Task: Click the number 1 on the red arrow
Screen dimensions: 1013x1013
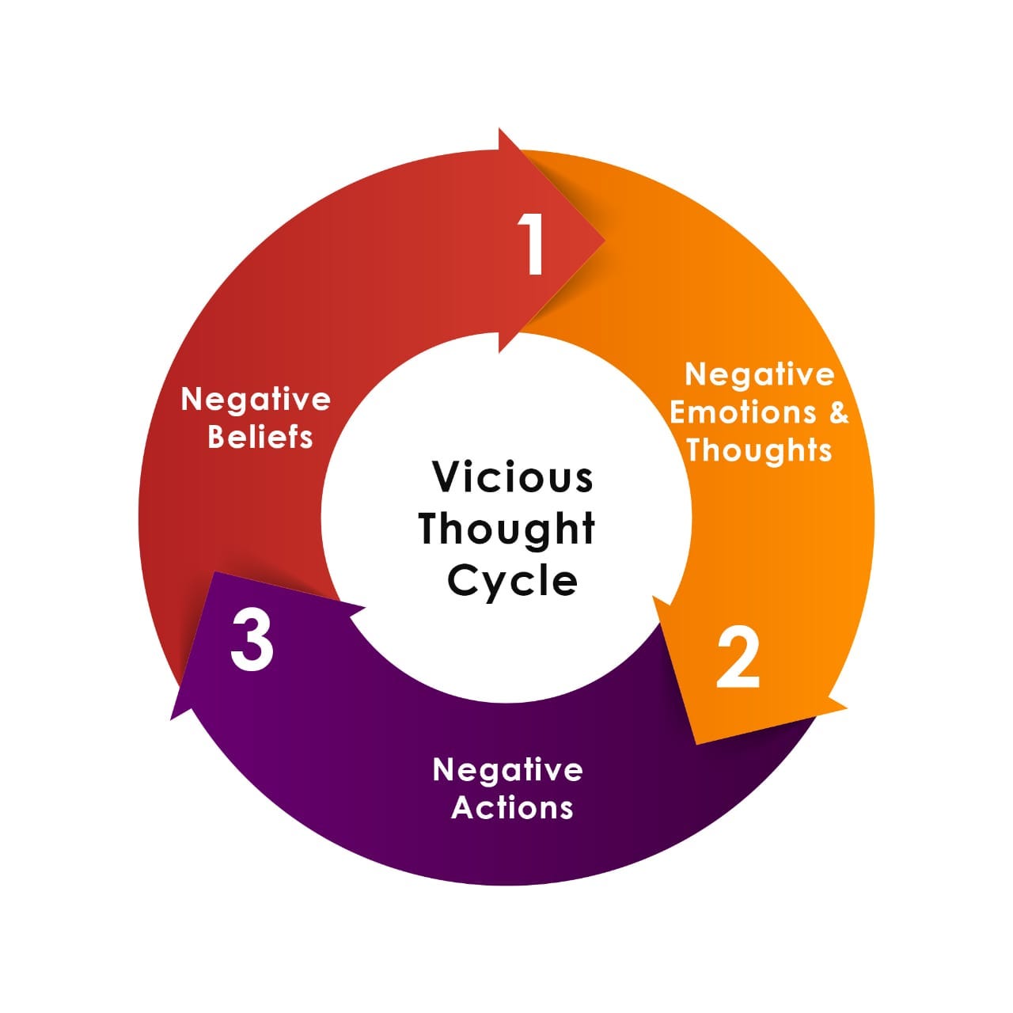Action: point(534,245)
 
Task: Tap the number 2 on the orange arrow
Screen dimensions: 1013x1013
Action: point(738,658)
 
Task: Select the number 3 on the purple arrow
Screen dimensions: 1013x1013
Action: point(252,643)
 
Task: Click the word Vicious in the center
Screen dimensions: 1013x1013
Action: point(513,477)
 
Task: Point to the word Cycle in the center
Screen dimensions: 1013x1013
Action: point(512,582)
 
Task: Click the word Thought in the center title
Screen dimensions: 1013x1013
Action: point(506,529)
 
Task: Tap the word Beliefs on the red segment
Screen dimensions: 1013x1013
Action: point(260,437)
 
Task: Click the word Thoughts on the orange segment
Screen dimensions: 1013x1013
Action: point(759,450)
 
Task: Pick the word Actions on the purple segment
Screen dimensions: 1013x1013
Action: point(512,808)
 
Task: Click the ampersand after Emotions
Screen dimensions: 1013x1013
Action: point(838,412)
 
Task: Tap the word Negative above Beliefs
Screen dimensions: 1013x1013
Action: point(256,399)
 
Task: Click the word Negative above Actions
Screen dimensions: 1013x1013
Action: point(508,769)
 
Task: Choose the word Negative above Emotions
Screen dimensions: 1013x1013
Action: point(759,374)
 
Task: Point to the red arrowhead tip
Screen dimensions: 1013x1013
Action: point(604,240)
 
